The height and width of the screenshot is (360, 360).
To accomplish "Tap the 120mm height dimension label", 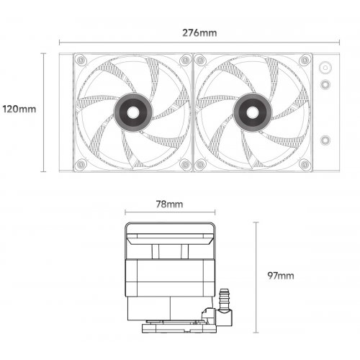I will (x=19, y=109).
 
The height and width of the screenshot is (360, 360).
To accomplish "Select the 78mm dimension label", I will (x=169, y=204).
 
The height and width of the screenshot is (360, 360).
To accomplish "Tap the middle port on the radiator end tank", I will (x=325, y=85).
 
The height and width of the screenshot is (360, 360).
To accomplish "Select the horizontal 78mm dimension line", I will (x=169, y=214).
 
